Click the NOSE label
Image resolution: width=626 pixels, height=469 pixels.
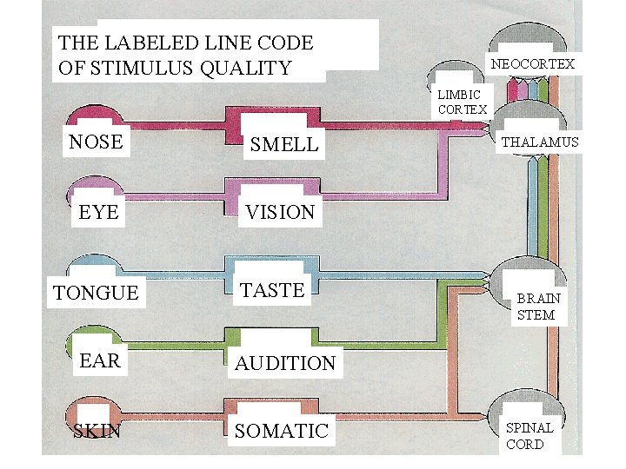(96, 142)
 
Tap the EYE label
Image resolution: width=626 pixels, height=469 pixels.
(98, 212)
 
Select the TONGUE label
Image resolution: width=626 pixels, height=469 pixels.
(96, 293)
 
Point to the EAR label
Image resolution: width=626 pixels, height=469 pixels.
(100, 360)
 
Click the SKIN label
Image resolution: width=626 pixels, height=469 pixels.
(97, 430)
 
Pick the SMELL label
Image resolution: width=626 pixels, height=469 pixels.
(284, 145)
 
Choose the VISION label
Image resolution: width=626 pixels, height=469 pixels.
(280, 212)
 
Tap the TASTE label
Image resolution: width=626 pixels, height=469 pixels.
(272, 290)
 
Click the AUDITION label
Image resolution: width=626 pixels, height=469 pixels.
(285, 363)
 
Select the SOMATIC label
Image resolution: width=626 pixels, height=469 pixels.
(282, 430)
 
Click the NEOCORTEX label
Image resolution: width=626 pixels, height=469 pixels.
(532, 64)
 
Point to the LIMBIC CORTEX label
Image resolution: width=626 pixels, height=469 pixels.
(462, 102)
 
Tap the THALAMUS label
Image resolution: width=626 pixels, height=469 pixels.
(539, 142)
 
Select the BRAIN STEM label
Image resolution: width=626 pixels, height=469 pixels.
(538, 307)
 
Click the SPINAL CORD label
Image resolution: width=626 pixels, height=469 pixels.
(529, 436)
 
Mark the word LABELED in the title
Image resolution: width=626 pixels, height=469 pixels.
(153, 42)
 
